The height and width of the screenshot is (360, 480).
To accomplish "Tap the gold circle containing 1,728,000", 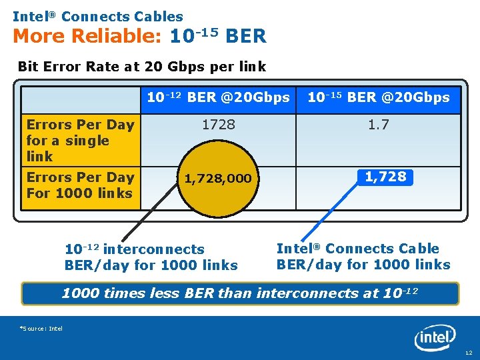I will [218, 178].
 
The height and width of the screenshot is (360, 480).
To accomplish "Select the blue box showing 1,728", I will [385, 177].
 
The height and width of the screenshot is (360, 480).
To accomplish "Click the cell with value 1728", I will [218, 125].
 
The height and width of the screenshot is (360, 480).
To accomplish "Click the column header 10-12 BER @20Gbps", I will [218, 98].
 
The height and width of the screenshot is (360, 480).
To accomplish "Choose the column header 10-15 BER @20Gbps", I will [378, 98].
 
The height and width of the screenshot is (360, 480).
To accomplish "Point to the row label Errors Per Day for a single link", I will [80, 140].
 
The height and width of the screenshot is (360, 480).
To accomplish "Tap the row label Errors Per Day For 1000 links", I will [80, 185].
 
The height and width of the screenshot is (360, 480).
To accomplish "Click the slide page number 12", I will [468, 352].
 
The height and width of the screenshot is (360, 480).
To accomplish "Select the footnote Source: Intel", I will [41, 329].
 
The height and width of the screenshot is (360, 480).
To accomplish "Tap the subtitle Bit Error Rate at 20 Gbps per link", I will [141, 67].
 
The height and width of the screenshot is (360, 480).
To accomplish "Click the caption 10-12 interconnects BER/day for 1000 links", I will [151, 257].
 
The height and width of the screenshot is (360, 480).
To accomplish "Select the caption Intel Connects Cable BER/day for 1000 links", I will [363, 256].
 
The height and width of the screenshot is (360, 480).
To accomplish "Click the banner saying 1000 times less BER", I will [240, 293].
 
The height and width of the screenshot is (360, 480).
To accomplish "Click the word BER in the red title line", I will [246, 36].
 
